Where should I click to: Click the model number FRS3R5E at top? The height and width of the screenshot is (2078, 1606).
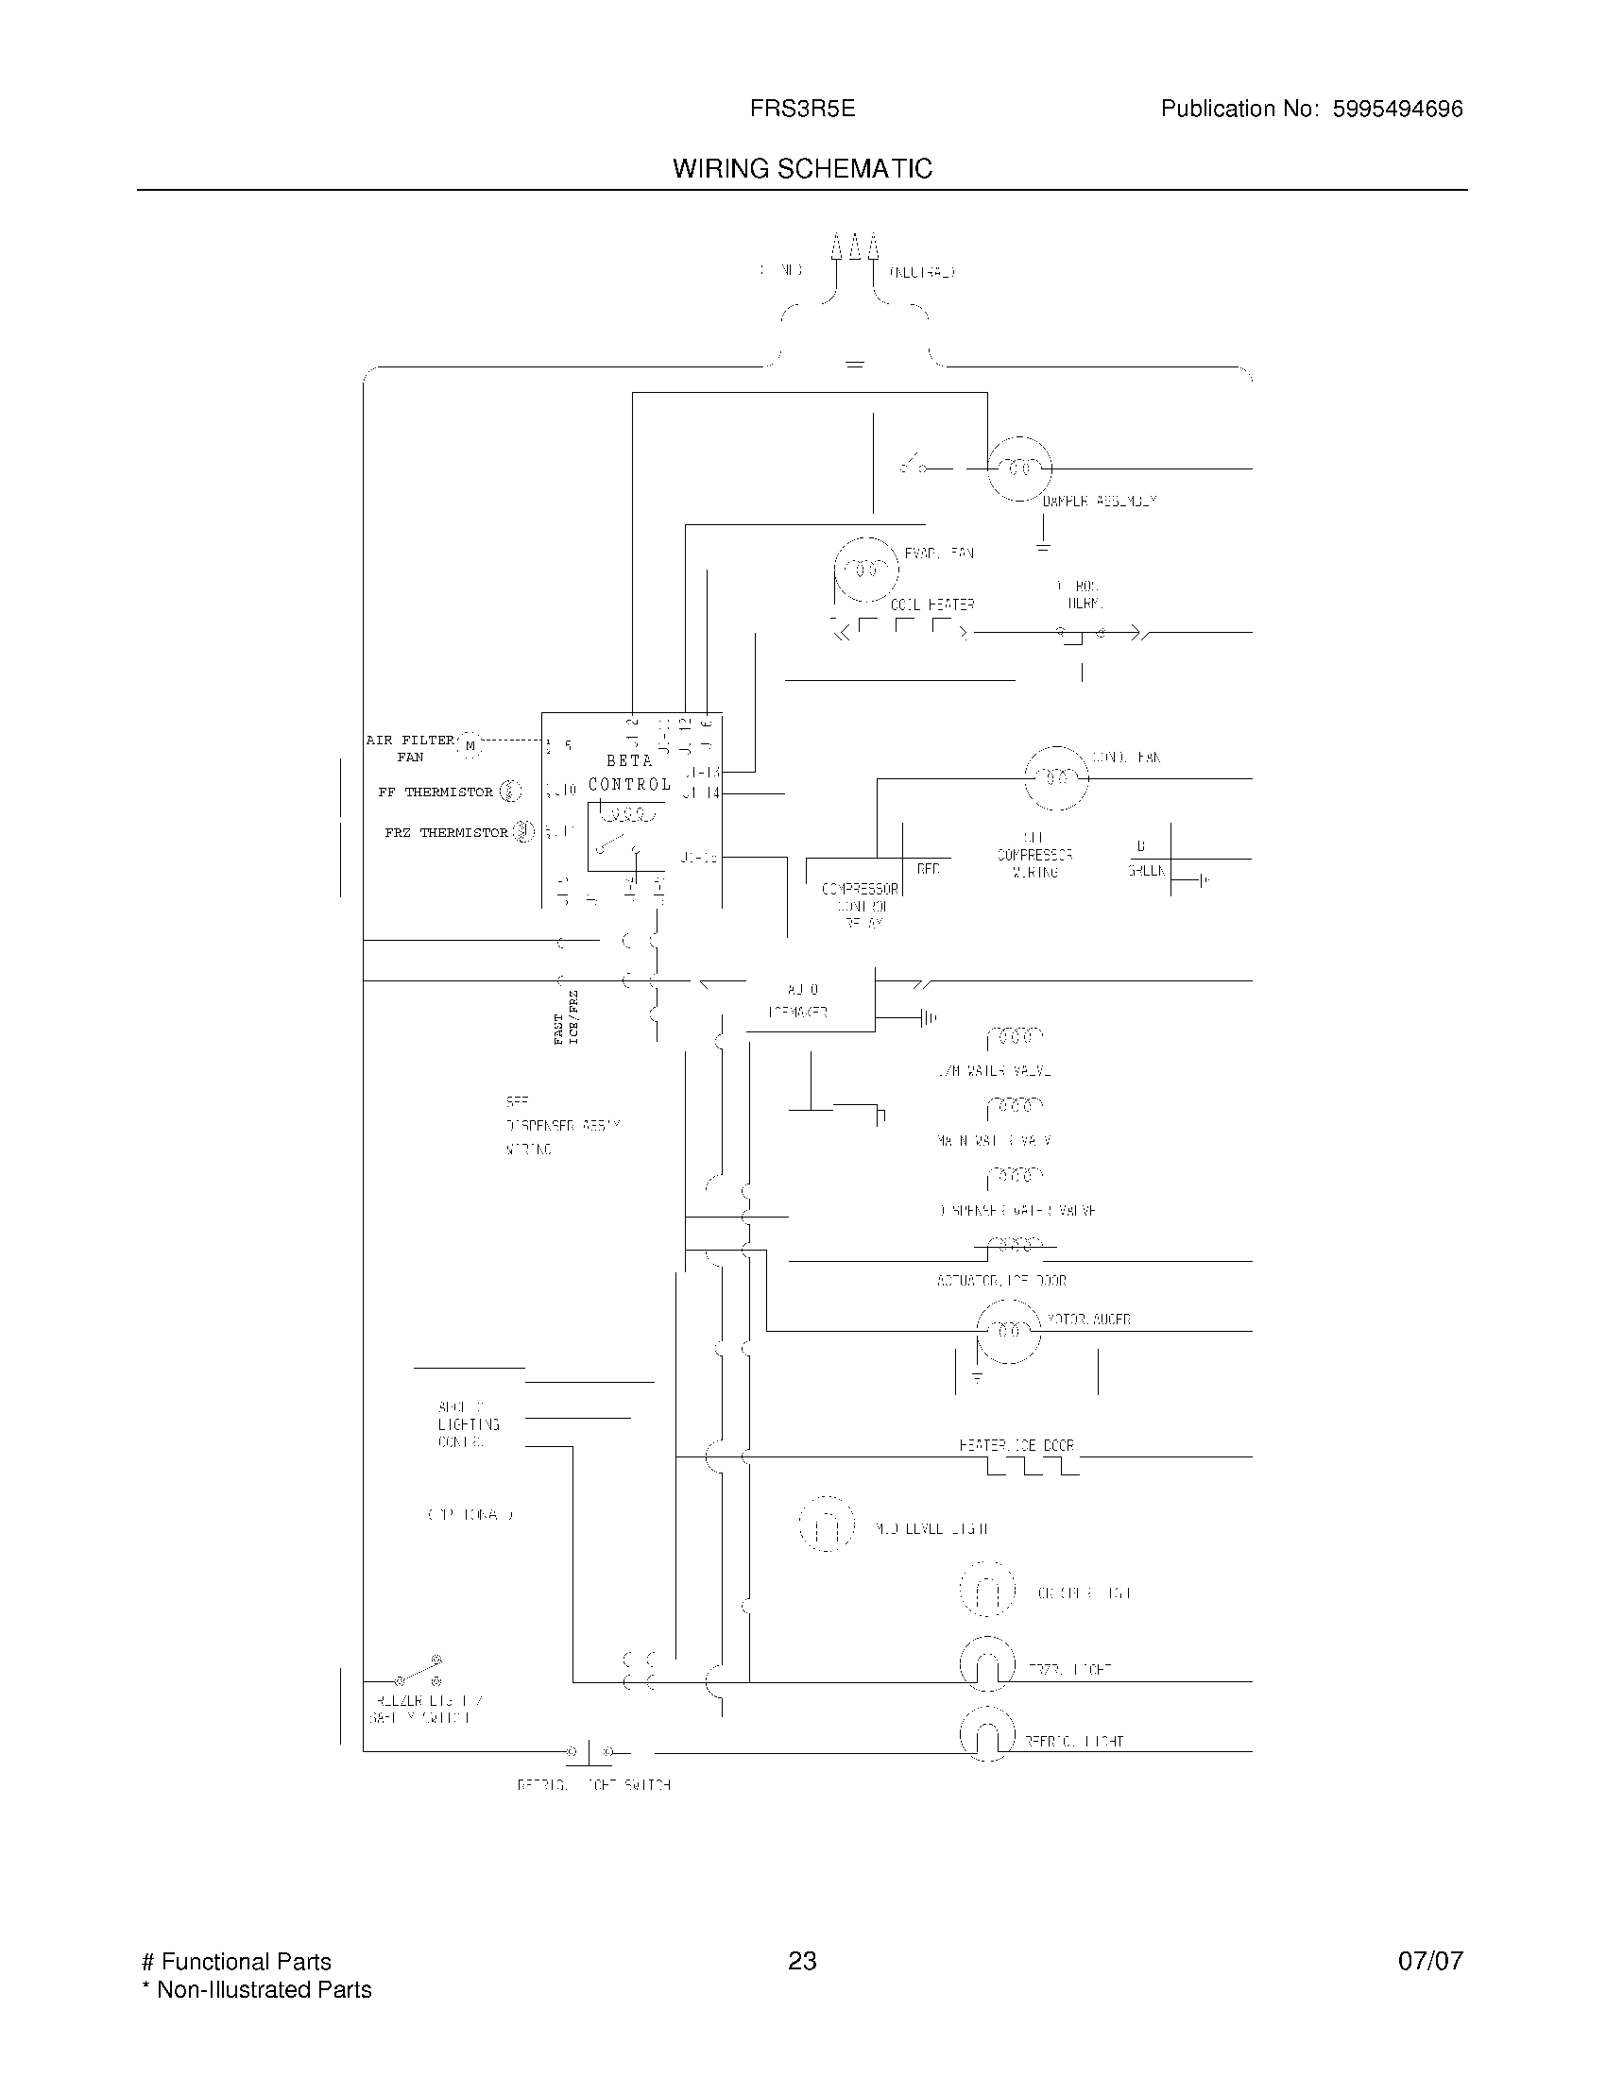point(802,110)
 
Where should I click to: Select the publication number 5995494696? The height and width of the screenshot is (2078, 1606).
point(1396,110)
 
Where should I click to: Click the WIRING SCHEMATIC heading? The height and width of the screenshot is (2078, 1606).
point(802,169)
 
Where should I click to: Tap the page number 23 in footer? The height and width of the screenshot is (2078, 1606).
point(802,1961)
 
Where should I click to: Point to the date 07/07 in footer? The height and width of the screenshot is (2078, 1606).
point(1430,1961)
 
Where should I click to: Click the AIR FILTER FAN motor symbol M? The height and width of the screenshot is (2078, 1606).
point(470,746)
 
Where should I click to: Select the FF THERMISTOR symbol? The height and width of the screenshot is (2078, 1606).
point(511,791)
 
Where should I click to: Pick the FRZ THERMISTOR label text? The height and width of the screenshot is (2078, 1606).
point(446,832)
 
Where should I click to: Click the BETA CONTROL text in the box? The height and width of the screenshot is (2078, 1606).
point(630,773)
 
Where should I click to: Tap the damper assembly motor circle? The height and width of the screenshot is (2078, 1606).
point(1019,468)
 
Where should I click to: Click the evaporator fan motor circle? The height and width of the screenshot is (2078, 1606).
point(865,569)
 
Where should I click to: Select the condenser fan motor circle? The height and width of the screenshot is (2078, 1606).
point(1055,778)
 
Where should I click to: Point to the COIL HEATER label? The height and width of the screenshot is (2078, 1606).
point(932,605)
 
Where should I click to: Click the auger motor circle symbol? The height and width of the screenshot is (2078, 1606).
point(1009,1330)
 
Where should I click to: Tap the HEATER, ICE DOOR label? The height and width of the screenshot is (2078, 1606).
point(1017,1445)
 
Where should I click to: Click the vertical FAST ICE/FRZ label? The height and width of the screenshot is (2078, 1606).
point(566,1018)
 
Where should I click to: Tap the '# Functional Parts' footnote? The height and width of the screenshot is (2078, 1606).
point(236,1962)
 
